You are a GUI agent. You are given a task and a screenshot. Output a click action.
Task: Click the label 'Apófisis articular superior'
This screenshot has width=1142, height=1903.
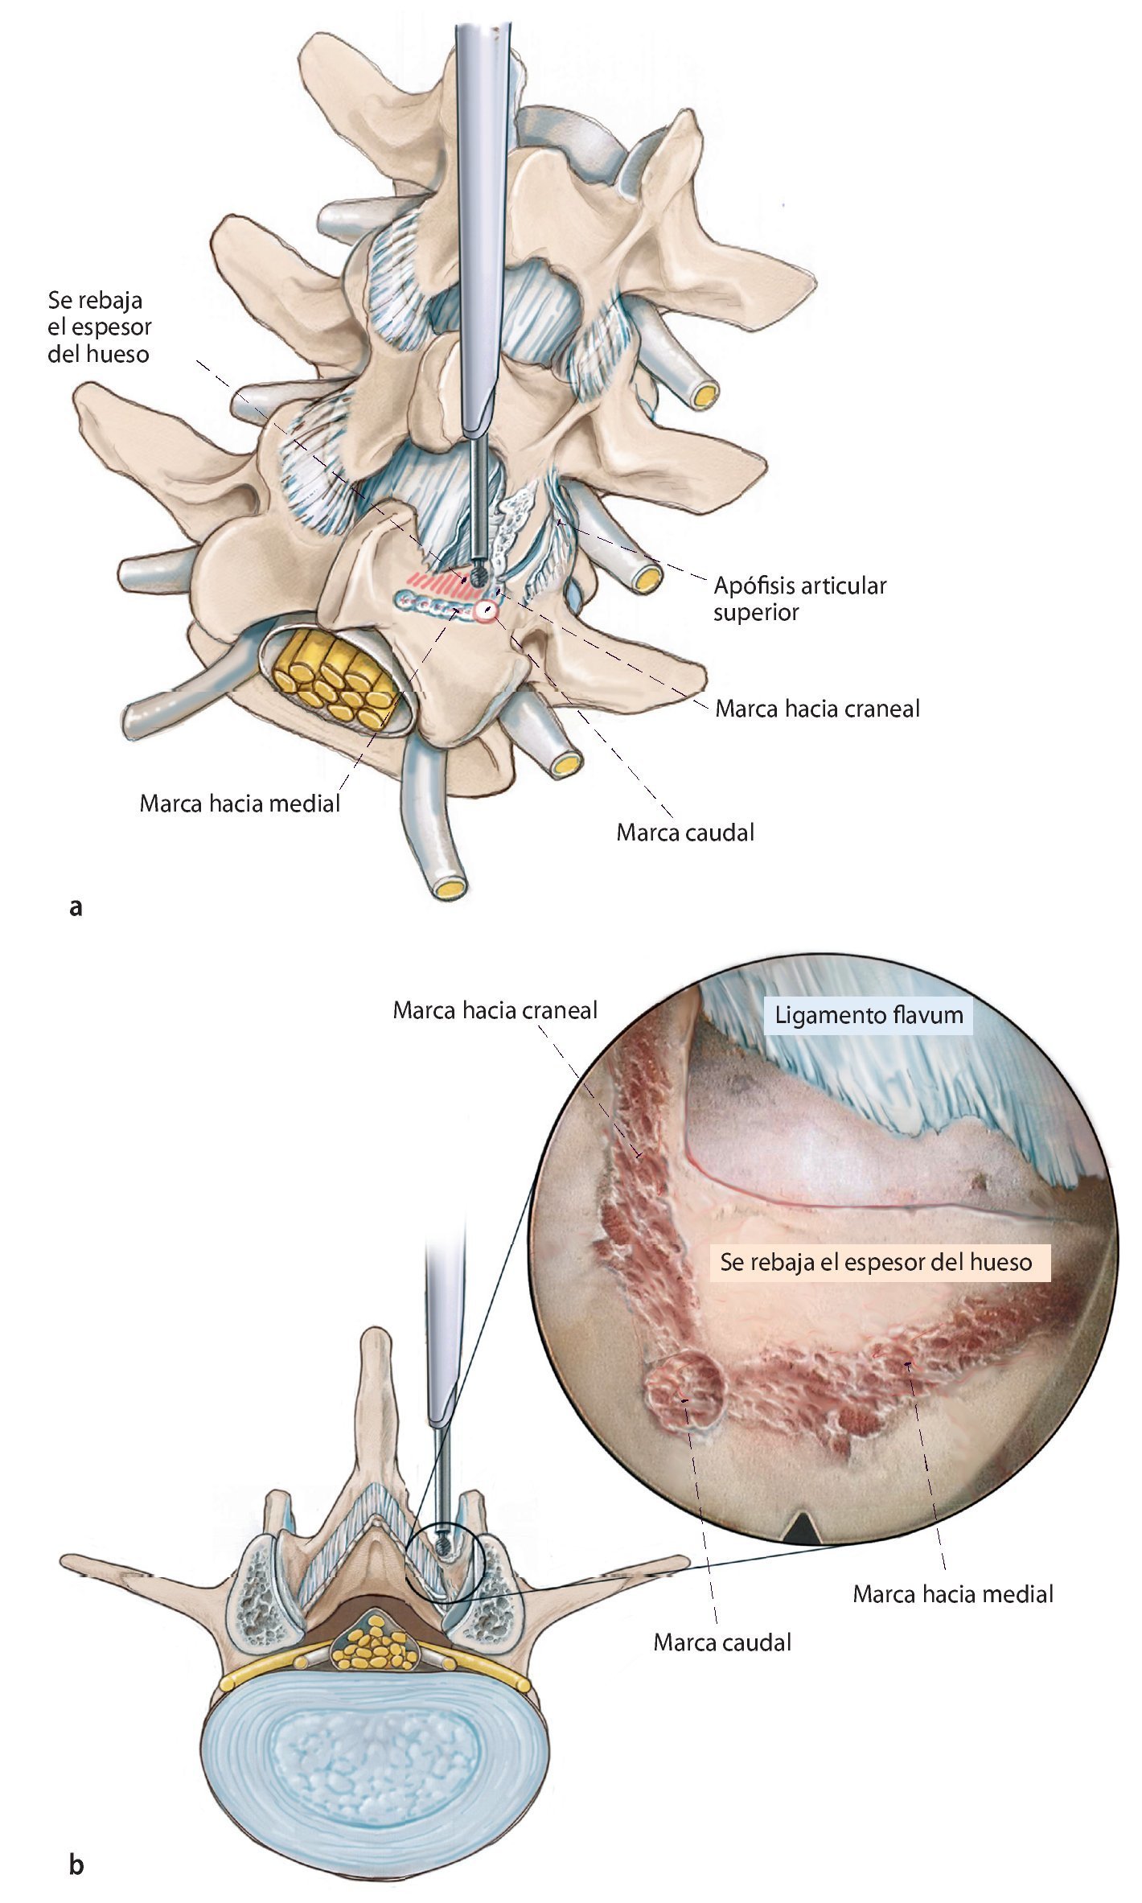(799, 598)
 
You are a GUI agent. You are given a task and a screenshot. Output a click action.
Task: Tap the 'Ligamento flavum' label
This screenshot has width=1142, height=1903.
(869, 1015)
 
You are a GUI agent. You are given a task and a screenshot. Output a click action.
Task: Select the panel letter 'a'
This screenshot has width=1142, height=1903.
(76, 907)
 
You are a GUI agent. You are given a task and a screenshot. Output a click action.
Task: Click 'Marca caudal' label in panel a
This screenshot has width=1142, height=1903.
(685, 832)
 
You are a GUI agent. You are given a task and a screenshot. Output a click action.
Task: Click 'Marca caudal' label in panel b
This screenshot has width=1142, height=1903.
(722, 1642)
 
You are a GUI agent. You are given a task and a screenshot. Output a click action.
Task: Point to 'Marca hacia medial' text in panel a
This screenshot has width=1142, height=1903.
(240, 804)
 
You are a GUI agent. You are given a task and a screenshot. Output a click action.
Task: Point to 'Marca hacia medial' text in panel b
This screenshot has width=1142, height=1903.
(953, 1593)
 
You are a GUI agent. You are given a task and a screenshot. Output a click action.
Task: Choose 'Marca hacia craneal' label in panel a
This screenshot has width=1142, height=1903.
(817, 709)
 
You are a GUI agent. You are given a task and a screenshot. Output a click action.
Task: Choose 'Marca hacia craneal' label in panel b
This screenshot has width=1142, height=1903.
(495, 1010)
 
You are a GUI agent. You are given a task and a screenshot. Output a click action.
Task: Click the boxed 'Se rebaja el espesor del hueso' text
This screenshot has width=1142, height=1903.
(876, 1262)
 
